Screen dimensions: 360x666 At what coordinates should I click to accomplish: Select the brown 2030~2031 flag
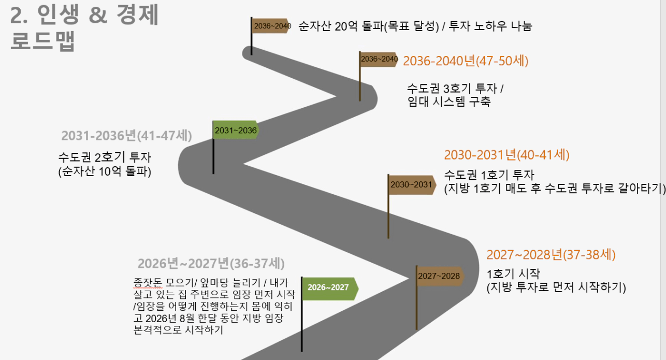pyautogui.click(x=411, y=184)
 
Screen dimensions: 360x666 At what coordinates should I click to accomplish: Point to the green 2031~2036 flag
pyautogui.click(x=236, y=131)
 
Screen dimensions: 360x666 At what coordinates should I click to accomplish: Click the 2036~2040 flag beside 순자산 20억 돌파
pyautogui.click(x=271, y=25)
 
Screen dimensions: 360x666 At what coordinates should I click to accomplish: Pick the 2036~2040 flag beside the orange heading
pyautogui.click(x=379, y=59)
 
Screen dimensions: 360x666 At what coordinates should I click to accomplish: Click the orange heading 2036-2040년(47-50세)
pyautogui.click(x=466, y=61)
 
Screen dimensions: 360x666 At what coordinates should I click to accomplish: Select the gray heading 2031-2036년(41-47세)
pyautogui.click(x=127, y=136)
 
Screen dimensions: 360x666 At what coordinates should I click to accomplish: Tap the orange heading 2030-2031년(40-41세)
pyautogui.click(x=506, y=155)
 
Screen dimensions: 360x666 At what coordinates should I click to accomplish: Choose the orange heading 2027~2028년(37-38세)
pyautogui.click(x=551, y=255)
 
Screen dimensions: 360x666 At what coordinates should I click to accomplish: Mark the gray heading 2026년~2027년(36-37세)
pyautogui.click(x=211, y=263)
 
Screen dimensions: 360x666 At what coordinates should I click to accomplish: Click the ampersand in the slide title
pyautogui.click(x=97, y=16)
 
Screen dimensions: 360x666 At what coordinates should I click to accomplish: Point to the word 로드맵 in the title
pyautogui.click(x=43, y=41)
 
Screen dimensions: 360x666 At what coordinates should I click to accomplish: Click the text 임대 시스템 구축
pyautogui.click(x=449, y=102)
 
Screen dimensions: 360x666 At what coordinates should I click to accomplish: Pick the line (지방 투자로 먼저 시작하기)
pyautogui.click(x=556, y=287)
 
